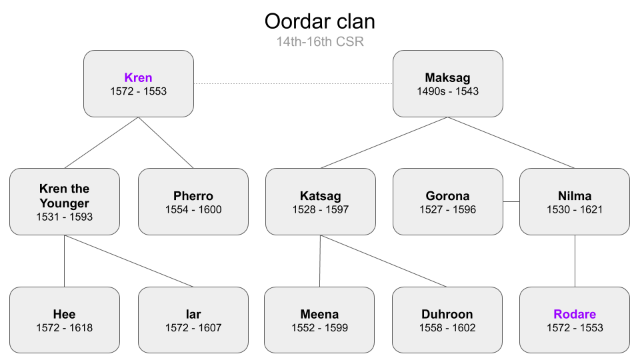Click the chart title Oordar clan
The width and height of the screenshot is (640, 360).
tap(319, 21)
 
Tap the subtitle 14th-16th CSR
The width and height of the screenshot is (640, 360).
tap(320, 41)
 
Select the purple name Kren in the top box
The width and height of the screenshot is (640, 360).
tap(139, 77)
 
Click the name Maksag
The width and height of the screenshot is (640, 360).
tap(448, 77)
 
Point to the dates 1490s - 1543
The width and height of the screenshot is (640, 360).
tap(448, 91)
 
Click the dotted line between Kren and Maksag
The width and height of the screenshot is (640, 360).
tap(293, 84)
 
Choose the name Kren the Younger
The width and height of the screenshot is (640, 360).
tap(65, 196)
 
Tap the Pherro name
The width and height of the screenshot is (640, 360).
tap(193, 196)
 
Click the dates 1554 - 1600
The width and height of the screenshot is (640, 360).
tap(193, 209)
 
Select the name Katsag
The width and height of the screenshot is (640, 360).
tap(321, 196)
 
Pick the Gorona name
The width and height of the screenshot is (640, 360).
tap(448, 196)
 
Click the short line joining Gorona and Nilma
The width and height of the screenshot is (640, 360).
tap(511, 201)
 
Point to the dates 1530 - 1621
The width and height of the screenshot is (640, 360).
tap(575, 209)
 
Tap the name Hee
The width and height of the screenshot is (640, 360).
tap(65, 314)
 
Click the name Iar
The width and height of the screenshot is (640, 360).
tap(193, 314)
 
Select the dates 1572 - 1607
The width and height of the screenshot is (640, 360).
tap(193, 328)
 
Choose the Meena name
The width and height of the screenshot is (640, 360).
tap(319, 314)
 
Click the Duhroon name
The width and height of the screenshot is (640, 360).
tap(447, 314)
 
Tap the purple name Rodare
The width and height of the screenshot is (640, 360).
tap(575, 314)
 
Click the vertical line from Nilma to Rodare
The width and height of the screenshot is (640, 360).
tap(575, 261)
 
